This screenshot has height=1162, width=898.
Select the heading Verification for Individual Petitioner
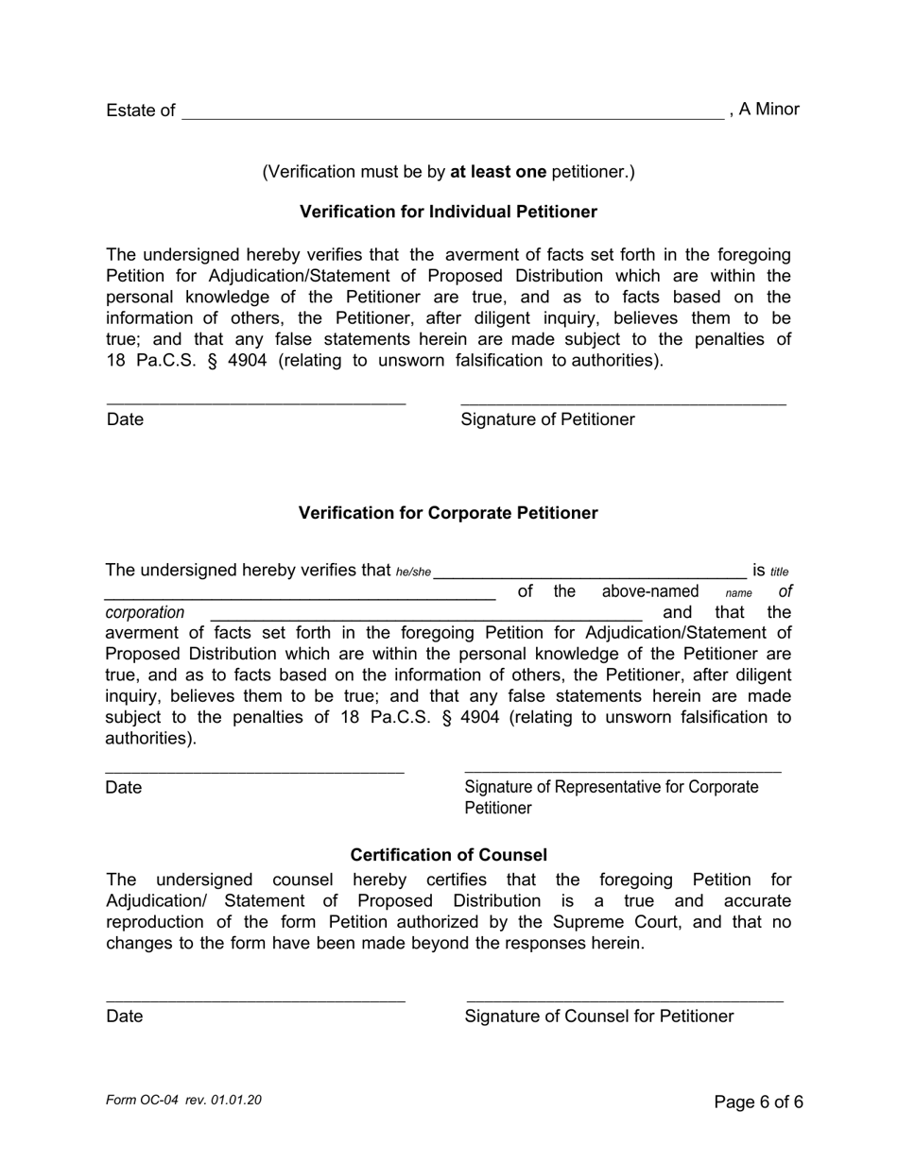point(448,212)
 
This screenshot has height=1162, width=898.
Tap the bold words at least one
point(497,172)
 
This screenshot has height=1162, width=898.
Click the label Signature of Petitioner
point(547,419)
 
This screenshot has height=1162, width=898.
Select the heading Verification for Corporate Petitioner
point(448,513)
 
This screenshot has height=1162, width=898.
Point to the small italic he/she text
point(413,572)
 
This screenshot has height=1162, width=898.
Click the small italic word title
point(779,572)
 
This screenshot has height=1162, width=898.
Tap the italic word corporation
point(145,613)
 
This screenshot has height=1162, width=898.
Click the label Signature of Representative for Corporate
point(611,787)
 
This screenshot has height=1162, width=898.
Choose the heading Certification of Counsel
point(448,855)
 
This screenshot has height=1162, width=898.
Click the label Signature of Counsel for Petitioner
point(598,1017)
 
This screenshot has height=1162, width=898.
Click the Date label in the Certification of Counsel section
point(125,1017)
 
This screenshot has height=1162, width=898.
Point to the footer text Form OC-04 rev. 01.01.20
point(183,1101)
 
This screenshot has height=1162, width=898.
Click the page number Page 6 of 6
point(758,1102)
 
